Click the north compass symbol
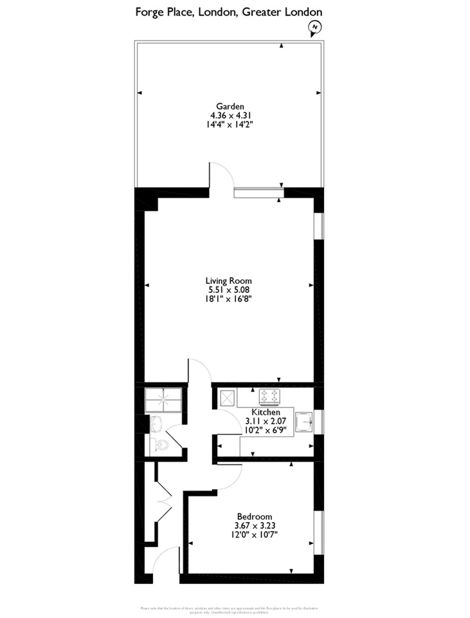pos(314,27)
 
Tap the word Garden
pos(230,106)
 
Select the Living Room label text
pos(228,281)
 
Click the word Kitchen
pos(266,412)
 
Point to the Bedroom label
pos(255,516)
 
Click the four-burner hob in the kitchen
pos(269,396)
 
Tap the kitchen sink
pos(303,422)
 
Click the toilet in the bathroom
pos(160,444)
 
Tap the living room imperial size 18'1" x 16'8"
pos(228,299)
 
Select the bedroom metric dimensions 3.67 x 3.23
pos(255,525)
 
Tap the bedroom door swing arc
pos(230,473)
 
